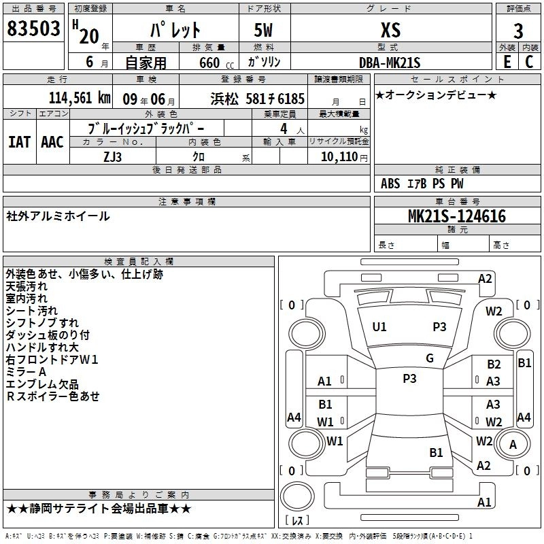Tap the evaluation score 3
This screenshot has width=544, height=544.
(x=518, y=31)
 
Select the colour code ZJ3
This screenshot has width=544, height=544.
(x=113, y=156)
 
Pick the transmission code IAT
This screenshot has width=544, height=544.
(x=19, y=141)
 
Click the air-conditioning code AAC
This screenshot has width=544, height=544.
(x=52, y=141)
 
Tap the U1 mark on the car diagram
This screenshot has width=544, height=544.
(x=379, y=327)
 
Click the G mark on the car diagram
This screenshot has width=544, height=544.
(x=429, y=358)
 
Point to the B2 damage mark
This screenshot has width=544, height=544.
(x=494, y=364)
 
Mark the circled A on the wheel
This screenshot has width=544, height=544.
(x=513, y=444)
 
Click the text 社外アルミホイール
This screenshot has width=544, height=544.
(x=58, y=216)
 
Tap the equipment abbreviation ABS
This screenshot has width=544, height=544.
(x=391, y=183)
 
